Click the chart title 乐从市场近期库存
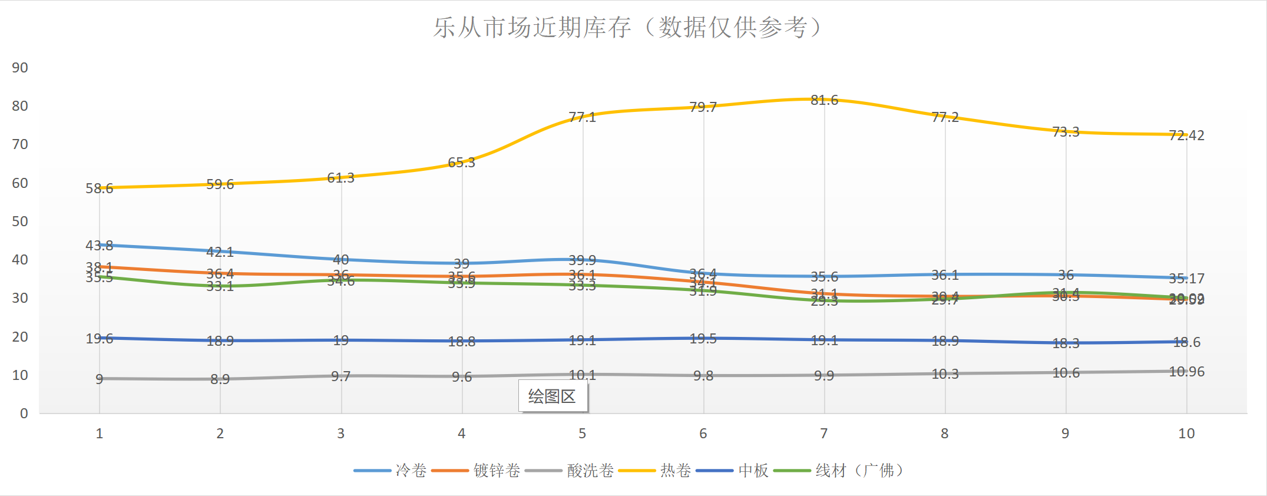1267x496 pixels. [x=627, y=28]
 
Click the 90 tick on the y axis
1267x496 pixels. [x=20, y=68]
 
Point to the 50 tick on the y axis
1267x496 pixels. [x=20, y=221]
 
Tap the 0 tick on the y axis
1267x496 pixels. [x=24, y=414]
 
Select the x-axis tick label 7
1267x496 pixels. [x=824, y=434]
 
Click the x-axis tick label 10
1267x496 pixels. [x=1186, y=434]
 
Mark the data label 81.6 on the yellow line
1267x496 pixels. [x=824, y=100]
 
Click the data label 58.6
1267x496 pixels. [x=99, y=189]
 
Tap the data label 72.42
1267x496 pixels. [x=1186, y=135]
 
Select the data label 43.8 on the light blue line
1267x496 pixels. [x=99, y=245]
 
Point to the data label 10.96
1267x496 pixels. [x=1186, y=372]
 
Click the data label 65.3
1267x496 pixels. [x=461, y=163]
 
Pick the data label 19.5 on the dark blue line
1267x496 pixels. [x=703, y=339]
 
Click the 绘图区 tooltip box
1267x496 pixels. [x=553, y=396]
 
